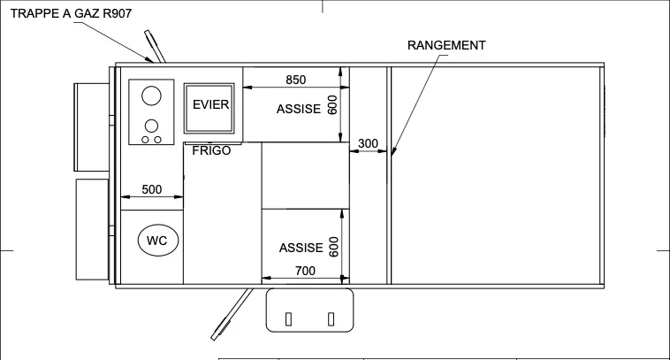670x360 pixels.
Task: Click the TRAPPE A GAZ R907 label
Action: [71, 13]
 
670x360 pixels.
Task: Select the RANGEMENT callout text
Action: [446, 45]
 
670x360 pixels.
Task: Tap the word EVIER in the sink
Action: [210, 104]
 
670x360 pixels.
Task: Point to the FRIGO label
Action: [211, 150]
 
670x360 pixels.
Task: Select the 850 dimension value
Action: [296, 80]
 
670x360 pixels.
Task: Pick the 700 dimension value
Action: [305, 271]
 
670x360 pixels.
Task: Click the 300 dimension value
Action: [368, 143]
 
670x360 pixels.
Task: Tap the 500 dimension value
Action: [152, 189]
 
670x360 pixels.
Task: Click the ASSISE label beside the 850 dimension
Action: [298, 109]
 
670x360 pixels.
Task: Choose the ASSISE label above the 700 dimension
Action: [301, 248]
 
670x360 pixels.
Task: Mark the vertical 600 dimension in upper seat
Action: [332, 104]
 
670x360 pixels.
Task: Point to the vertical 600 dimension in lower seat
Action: [334, 247]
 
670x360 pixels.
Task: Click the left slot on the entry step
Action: [288, 319]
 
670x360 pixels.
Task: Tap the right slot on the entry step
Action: [331, 319]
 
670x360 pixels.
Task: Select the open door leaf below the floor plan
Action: [232, 314]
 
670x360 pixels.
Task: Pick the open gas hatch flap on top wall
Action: [155, 47]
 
